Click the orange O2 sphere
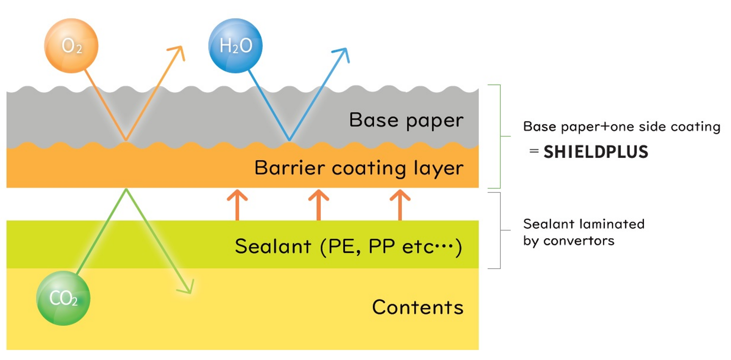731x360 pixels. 71,46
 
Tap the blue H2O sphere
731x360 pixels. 235,46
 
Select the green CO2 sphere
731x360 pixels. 63,298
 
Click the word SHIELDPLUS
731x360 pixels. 596,152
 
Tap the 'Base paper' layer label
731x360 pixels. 406,120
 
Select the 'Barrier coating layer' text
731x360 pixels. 359,168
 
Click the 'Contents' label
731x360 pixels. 418,307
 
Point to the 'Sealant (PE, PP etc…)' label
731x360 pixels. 348,246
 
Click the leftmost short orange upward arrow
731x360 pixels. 237,204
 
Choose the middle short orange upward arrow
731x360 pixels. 319,204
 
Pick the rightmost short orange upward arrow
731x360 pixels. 400,204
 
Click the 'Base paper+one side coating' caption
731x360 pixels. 621,126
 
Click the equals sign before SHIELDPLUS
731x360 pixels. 534,151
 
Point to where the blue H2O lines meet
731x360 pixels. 289,140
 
